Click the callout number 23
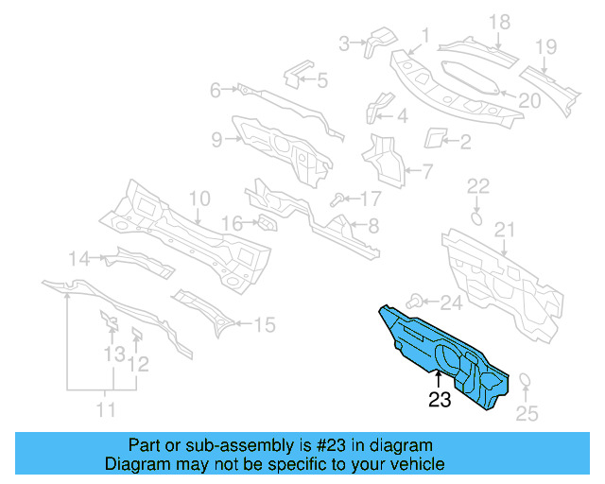click(440, 400)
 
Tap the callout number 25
click(526, 413)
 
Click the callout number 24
click(452, 302)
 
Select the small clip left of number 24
click(416, 301)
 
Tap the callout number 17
click(370, 199)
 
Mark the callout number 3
click(345, 42)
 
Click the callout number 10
click(198, 199)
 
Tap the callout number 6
click(216, 90)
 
